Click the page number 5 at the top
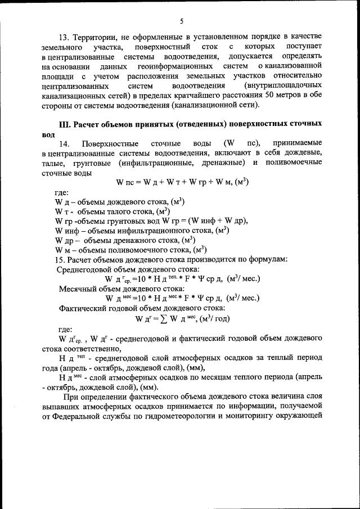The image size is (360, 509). (x=182, y=21)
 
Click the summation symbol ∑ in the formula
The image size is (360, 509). (x=165, y=318)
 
